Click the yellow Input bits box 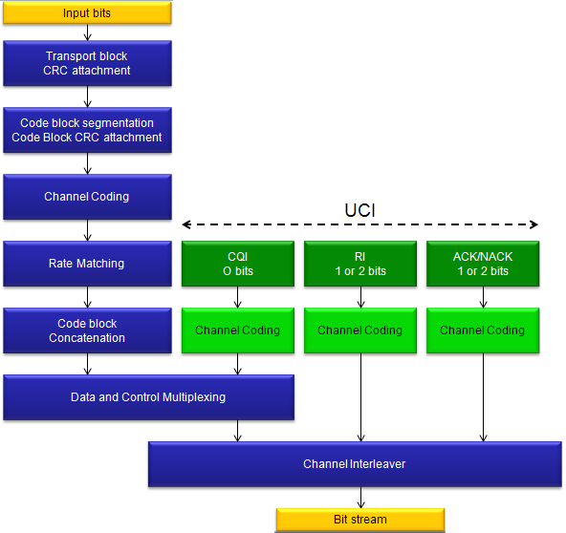click(87, 13)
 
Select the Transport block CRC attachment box click(87, 63)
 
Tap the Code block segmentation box click(87, 130)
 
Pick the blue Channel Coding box click(87, 197)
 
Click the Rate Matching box click(87, 264)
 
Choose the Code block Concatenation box click(87, 330)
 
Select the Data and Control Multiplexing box click(149, 397)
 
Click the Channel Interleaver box click(355, 464)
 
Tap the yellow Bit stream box click(360, 520)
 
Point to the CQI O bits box click(238, 264)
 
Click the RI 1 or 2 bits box click(360, 264)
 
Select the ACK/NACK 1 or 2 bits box click(483, 264)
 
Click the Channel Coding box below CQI click(238, 330)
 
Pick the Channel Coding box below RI click(360, 330)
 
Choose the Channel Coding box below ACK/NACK click(483, 330)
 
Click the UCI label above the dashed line click(359, 210)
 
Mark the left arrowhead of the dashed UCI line click(183, 224)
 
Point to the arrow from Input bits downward click(87, 32)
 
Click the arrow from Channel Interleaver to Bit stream click(360, 498)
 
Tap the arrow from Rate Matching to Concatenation click(87, 297)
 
